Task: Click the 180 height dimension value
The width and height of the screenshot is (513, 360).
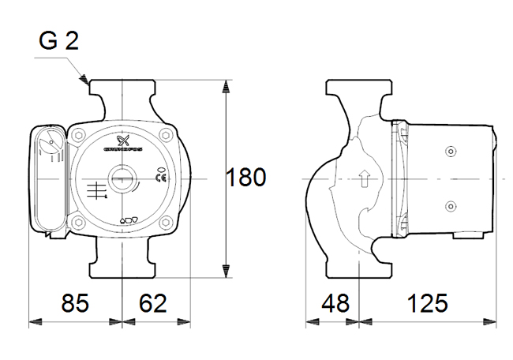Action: (x=246, y=177)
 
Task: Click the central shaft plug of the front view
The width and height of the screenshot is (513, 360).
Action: (x=122, y=178)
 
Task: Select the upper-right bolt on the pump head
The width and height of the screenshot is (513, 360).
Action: (x=167, y=135)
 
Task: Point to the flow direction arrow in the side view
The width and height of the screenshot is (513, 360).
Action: (x=365, y=179)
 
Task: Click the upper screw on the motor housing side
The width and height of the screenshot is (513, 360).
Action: (x=450, y=151)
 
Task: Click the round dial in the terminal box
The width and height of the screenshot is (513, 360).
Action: (x=50, y=145)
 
